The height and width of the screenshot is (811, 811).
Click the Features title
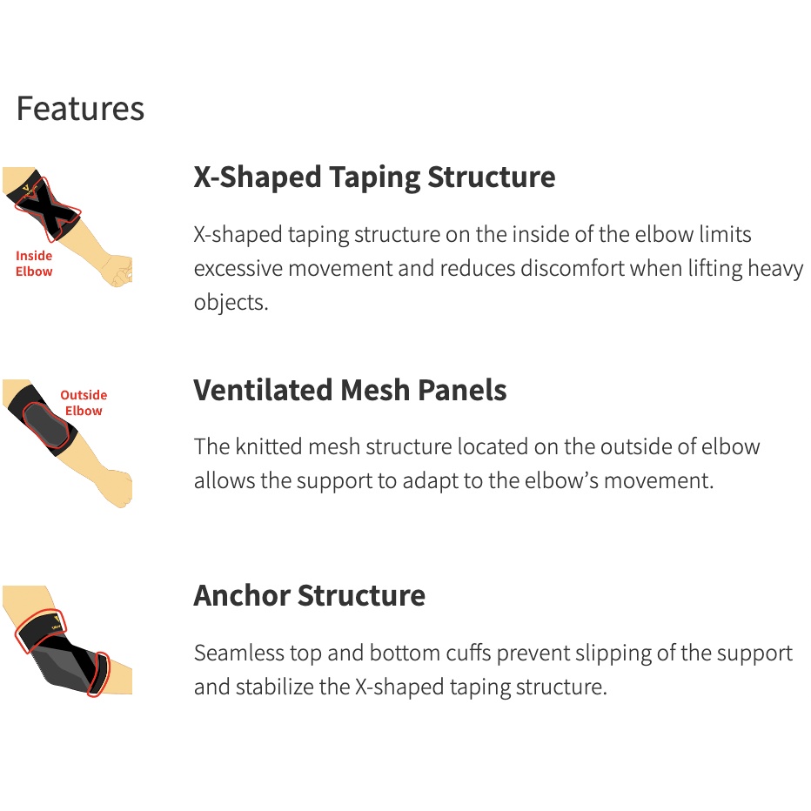click(x=80, y=109)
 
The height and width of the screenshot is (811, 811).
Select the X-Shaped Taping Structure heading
click(x=374, y=178)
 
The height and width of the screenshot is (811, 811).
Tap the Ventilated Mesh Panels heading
click(x=350, y=390)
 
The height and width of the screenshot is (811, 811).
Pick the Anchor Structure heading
click(x=309, y=595)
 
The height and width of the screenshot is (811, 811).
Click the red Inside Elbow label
click(x=34, y=264)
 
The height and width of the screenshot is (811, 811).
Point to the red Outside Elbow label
click(x=84, y=403)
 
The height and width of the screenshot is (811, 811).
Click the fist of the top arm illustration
click(x=118, y=271)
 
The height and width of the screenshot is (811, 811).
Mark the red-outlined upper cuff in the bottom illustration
click(x=40, y=631)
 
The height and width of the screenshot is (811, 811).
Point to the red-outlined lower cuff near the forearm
click(x=98, y=674)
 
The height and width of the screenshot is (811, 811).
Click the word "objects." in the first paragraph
click(x=231, y=303)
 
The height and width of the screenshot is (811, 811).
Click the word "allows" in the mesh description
click(x=224, y=480)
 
